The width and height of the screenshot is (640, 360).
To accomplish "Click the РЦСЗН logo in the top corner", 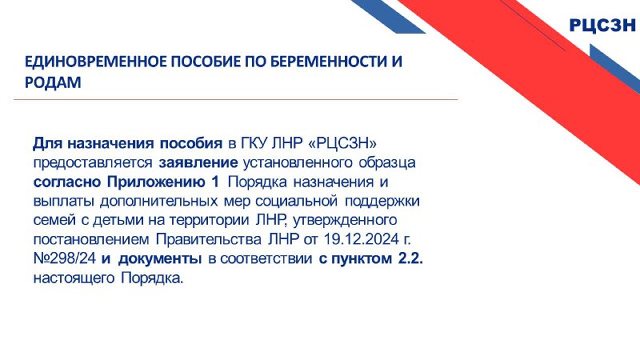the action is tap(602, 26).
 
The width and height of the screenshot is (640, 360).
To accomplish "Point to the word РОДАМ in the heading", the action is tap(53, 82).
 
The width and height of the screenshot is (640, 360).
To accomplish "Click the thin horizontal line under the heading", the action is tap(235, 99).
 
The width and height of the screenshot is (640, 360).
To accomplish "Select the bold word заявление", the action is tap(198, 162).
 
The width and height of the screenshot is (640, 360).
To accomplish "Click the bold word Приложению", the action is tap(155, 182).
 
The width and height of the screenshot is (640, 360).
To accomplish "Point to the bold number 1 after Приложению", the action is tap(215, 182).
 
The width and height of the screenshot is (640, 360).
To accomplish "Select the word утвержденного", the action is tap(345, 220).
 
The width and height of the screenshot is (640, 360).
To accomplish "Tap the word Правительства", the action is tap(209, 239).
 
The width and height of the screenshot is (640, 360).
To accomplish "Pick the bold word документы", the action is tap(159, 258).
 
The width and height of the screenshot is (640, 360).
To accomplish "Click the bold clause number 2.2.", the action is tap(410, 258).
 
